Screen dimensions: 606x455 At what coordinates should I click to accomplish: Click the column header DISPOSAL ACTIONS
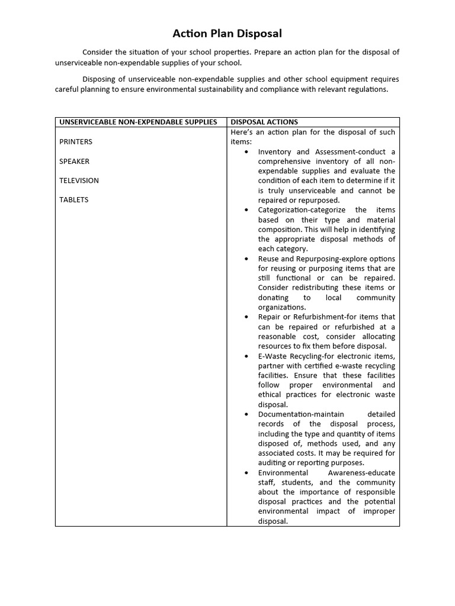coord(264,122)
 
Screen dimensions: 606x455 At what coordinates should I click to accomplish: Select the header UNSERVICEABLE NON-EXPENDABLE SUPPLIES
coord(138,122)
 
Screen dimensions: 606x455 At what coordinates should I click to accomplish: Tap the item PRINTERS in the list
coord(76,142)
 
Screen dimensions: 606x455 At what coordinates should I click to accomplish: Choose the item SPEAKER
coord(75,161)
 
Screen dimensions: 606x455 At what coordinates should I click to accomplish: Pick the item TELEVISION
coord(79,180)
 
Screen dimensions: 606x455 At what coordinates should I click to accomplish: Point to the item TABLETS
coord(73,200)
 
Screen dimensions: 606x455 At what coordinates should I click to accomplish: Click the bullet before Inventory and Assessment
coord(246,152)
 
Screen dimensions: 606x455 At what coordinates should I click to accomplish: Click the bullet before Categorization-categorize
coord(246,210)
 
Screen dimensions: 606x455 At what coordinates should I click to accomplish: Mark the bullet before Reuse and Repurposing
coord(246,259)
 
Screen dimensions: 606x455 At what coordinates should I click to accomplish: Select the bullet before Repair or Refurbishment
coord(246,317)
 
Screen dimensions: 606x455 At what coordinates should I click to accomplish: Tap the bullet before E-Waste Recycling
coord(246,356)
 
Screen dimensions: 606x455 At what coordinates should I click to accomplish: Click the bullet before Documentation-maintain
coord(246,414)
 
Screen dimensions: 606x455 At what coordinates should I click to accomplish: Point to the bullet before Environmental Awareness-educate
coord(246,473)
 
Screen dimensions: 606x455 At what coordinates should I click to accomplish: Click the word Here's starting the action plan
coord(242,132)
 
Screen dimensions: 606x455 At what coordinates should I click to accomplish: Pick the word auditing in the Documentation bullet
coord(273,463)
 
